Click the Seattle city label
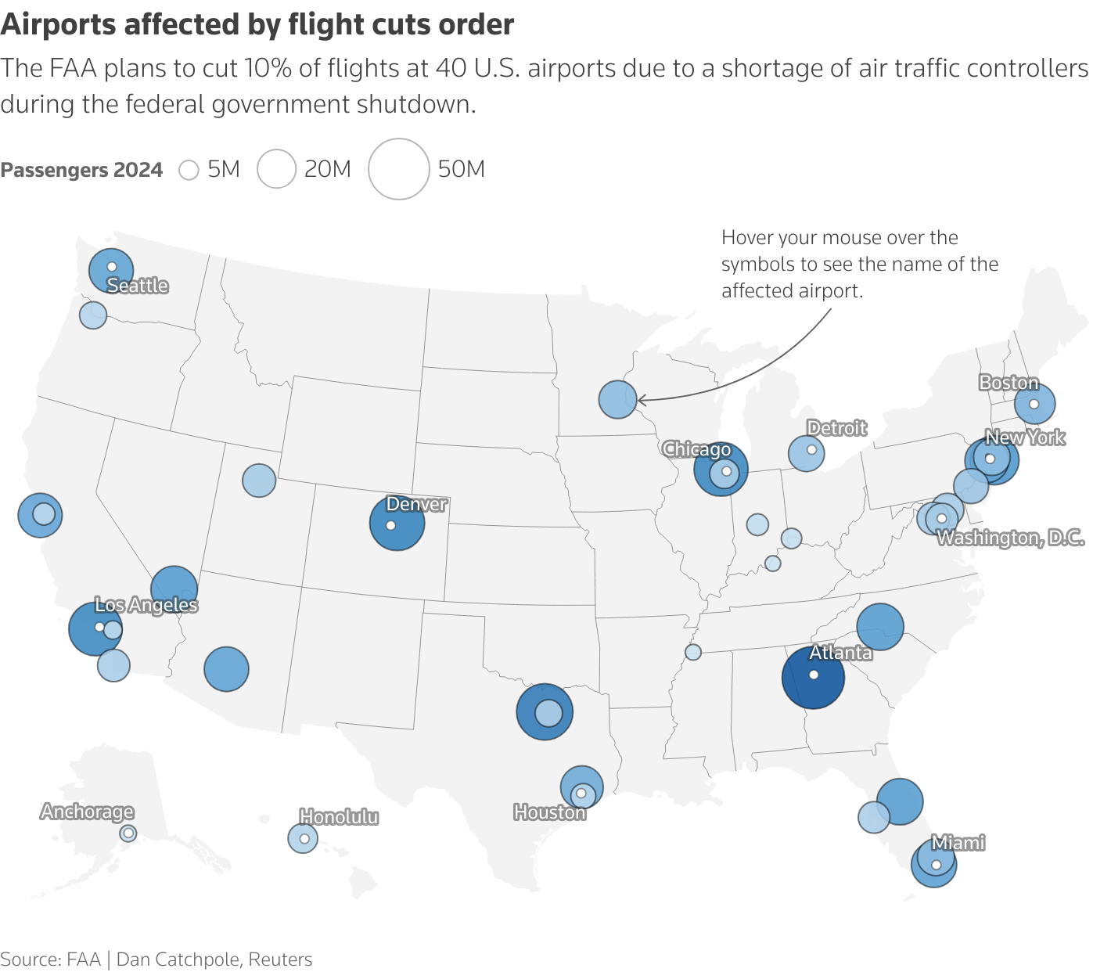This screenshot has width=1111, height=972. (138, 286)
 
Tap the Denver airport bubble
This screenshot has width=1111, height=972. (397, 523)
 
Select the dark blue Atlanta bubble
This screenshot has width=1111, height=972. (813, 678)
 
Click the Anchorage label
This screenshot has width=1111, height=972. (87, 812)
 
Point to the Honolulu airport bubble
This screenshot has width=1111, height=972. (303, 838)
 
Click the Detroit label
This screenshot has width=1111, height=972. (836, 428)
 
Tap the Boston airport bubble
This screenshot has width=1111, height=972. (1034, 404)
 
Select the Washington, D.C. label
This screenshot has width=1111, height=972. (1010, 538)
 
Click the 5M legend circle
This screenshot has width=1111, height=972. (189, 170)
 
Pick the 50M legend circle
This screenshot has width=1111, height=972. (399, 169)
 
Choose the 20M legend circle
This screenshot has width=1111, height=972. (276, 169)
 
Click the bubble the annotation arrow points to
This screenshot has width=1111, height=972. (617, 399)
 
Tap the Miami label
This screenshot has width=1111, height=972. (958, 843)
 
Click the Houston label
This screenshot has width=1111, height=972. (549, 812)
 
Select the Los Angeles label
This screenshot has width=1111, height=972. (146, 605)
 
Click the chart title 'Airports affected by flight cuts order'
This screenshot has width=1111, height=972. (257, 25)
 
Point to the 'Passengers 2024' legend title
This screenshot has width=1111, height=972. (81, 170)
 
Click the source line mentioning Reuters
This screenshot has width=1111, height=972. (156, 959)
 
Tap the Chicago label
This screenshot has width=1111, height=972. (696, 449)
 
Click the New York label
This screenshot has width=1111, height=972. (1025, 437)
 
